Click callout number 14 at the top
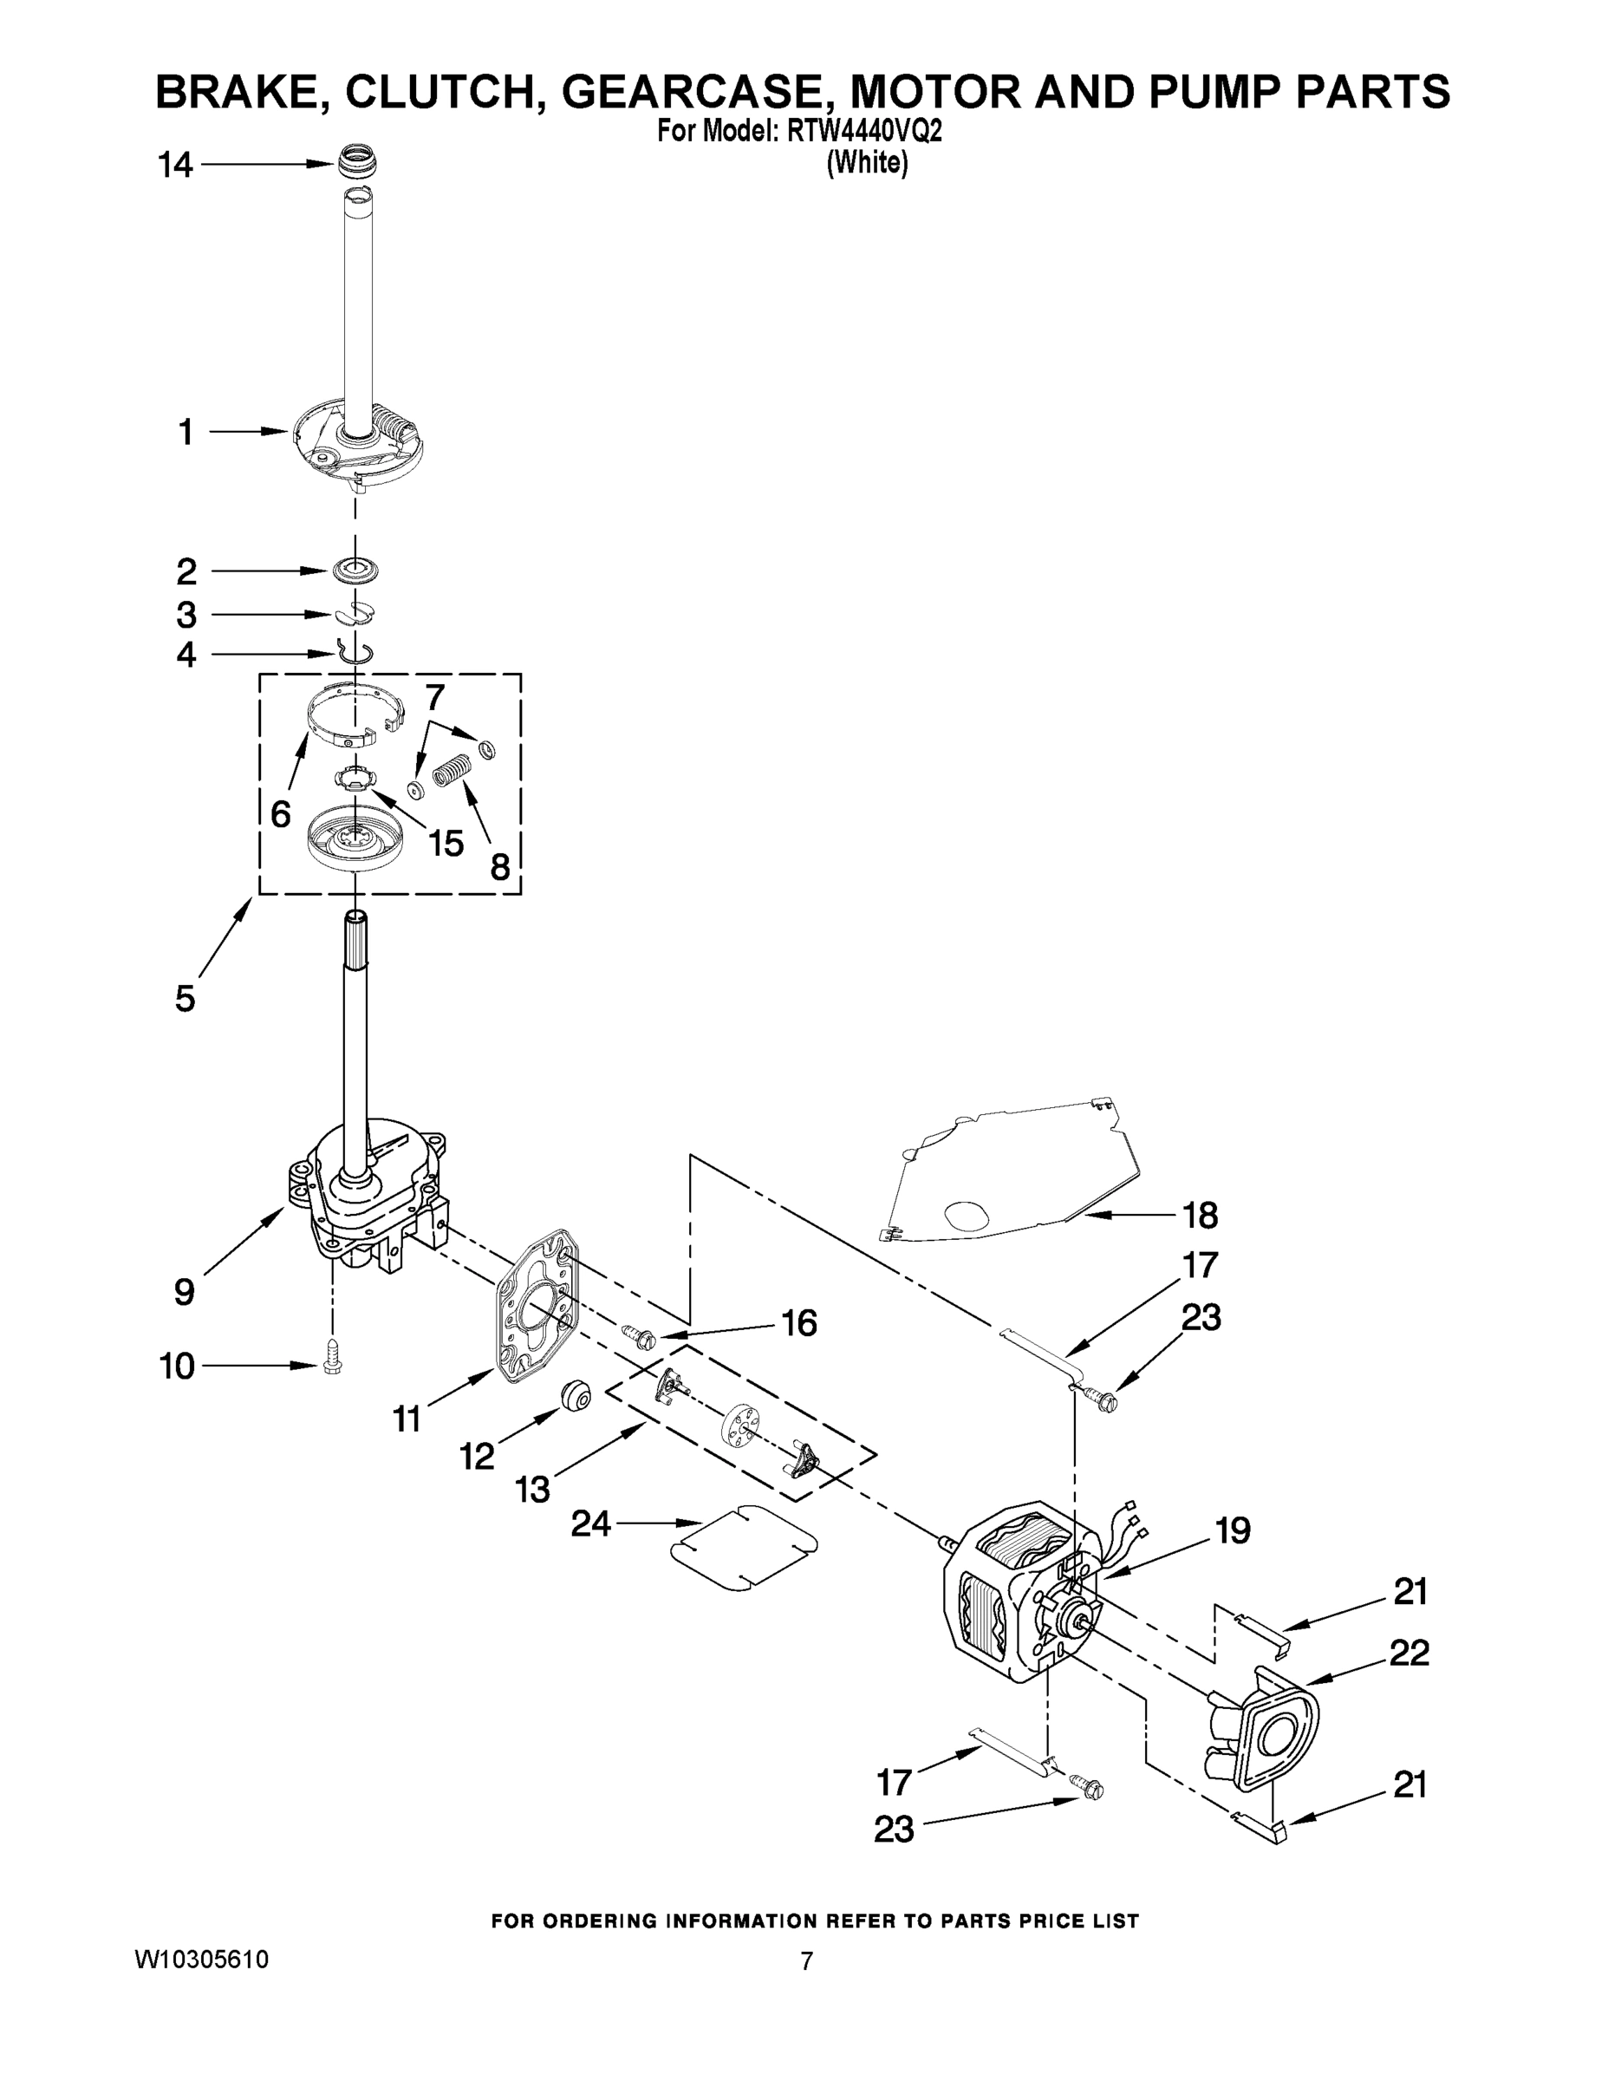click(175, 166)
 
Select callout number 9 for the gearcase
click(184, 1292)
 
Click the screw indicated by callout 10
click(331, 1365)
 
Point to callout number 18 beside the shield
click(1201, 1215)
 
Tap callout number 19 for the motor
click(1233, 1530)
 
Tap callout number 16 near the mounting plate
click(798, 1322)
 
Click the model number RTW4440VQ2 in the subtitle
click(864, 132)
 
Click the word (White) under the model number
click(867, 163)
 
